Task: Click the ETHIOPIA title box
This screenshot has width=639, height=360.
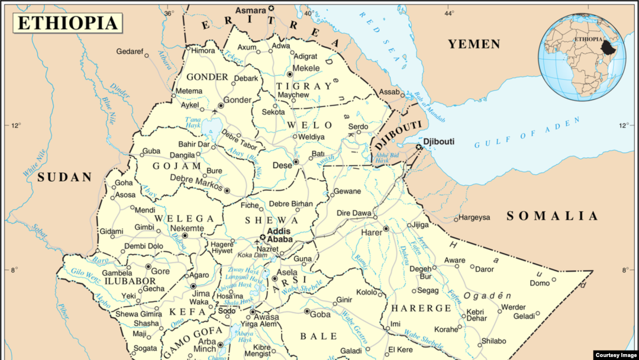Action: pos(68,23)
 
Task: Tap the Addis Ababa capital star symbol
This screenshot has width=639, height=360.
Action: pos(262,237)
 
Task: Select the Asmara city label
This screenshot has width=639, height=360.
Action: pos(250,10)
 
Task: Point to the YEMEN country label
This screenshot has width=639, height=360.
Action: pos(473,44)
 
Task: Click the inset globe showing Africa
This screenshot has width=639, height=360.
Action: pos(582,57)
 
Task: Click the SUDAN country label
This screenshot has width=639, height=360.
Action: pos(65,177)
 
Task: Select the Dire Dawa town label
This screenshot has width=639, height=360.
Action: pos(354,213)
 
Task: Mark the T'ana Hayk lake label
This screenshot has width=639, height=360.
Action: pos(193,123)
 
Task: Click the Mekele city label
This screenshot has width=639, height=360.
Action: pos(307,68)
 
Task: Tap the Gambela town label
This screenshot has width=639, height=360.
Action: pos(117,273)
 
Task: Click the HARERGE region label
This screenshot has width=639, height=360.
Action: pos(422,308)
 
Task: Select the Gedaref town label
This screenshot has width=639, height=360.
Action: pos(130,52)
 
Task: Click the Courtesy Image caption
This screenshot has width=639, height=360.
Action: pos(615,355)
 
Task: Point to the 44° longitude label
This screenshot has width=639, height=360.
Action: pos(449,13)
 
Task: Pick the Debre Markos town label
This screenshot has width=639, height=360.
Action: pos(195,178)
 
